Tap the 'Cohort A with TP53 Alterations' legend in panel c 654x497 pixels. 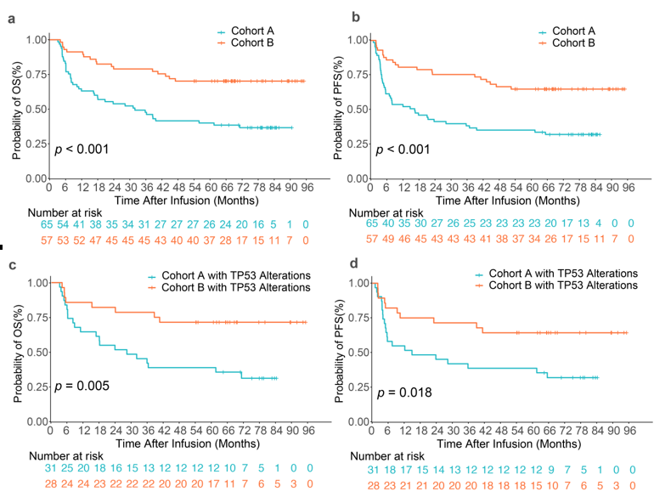219,276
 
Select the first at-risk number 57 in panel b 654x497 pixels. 372,239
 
